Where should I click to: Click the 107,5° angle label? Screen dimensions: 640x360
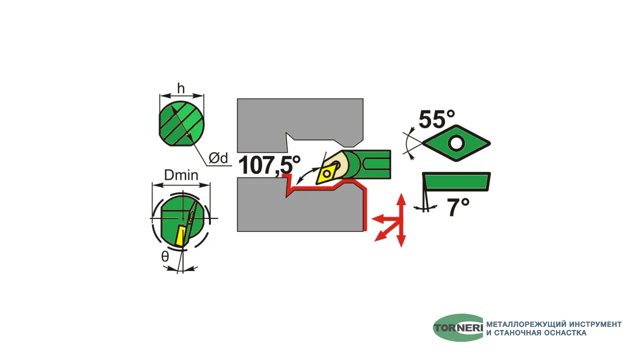coord(269,165)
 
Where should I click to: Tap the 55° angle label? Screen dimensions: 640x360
coord(436,119)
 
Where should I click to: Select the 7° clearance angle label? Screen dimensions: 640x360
coord(458,207)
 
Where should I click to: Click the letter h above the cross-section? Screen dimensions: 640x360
coord(181,88)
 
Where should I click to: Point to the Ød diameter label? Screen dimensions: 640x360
coord(218,157)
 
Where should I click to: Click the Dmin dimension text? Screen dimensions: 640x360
coord(181,175)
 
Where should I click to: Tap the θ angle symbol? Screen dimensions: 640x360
coord(165,256)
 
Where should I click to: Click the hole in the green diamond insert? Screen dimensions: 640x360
coord(456,143)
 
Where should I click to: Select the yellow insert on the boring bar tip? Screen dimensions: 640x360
coord(326,172)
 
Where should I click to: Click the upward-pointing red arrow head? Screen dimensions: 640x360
coord(401,198)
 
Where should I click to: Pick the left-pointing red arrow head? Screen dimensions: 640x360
coord(377,219)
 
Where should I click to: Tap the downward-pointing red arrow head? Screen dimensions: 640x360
coord(401,241)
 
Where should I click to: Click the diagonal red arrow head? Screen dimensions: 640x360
coord(380,236)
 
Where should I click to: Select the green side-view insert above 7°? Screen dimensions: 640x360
coord(456,181)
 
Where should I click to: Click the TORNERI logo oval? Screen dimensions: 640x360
coord(458,327)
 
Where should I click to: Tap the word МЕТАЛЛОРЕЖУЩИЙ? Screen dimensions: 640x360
coord(526,324)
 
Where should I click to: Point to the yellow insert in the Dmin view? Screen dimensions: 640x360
coord(181,235)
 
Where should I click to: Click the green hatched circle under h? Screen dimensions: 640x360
coord(181,123)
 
